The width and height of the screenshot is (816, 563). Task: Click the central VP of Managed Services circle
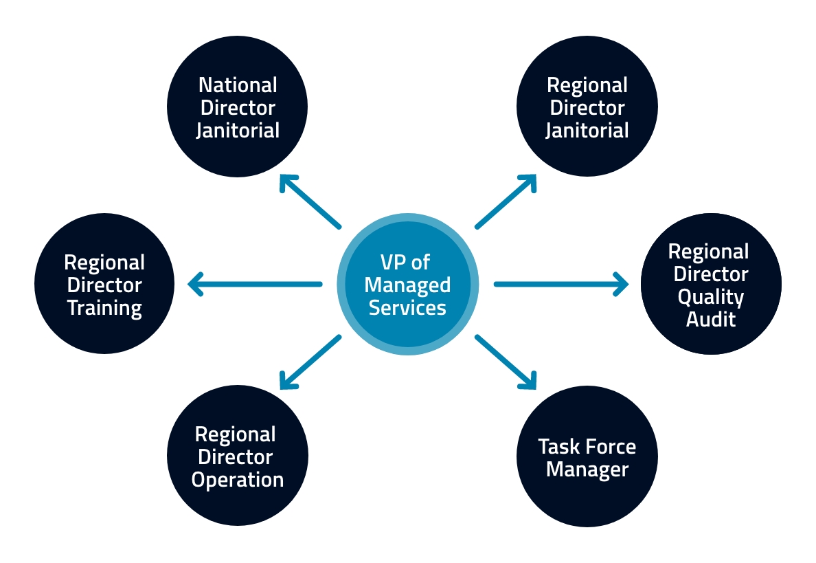tap(407, 284)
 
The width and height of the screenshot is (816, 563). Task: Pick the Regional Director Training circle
tap(104, 284)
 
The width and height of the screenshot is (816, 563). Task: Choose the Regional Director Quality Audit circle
tap(711, 284)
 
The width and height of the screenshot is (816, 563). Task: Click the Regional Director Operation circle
tap(237, 456)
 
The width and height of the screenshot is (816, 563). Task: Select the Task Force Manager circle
tap(587, 457)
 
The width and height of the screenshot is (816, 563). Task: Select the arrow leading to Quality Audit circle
tap(560, 284)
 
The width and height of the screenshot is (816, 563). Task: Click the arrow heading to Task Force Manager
tap(506, 362)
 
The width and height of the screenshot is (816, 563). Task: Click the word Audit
tap(711, 319)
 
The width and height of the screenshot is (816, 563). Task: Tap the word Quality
tap(711, 297)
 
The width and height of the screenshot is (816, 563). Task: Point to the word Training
tap(104, 307)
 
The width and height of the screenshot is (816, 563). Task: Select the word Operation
tap(237, 479)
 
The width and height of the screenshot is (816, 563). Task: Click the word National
tap(238, 85)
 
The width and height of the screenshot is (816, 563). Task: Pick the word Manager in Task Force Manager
tap(587, 470)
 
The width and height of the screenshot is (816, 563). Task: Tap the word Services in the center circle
tap(407, 307)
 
